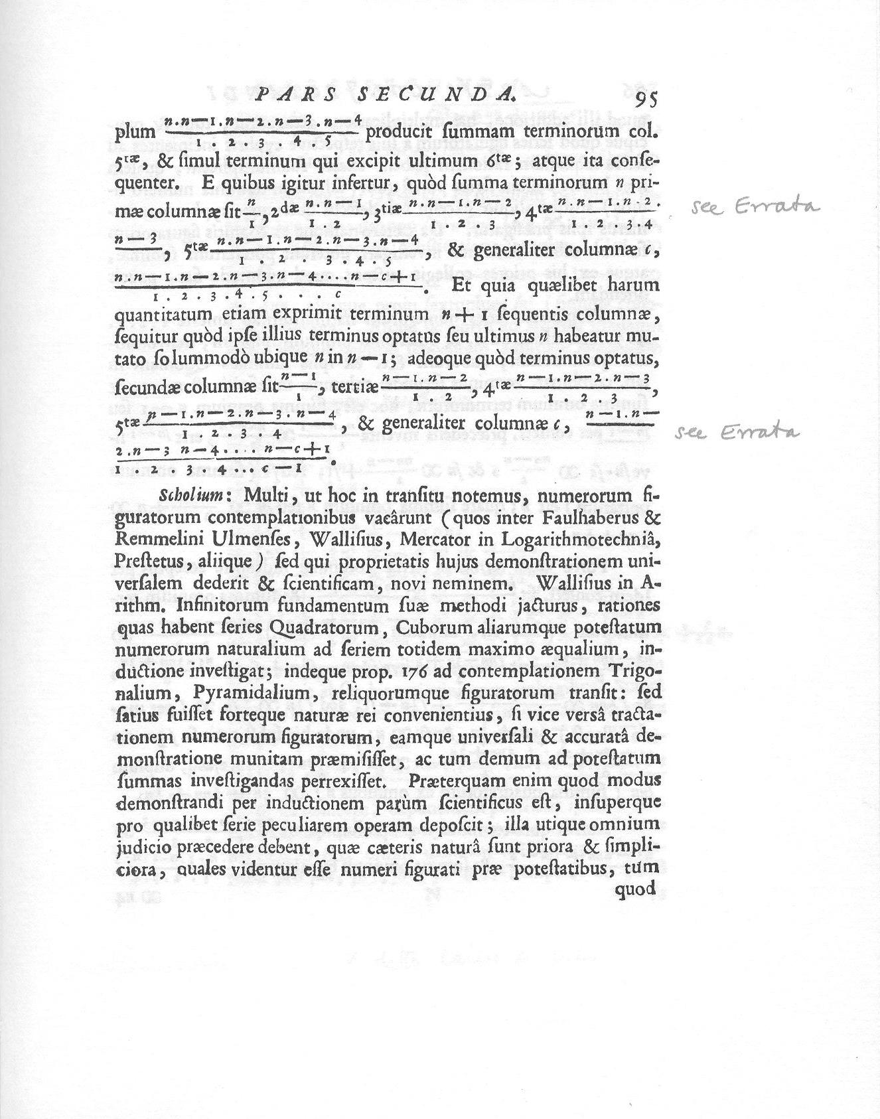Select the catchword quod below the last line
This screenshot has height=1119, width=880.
coord(636,890)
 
